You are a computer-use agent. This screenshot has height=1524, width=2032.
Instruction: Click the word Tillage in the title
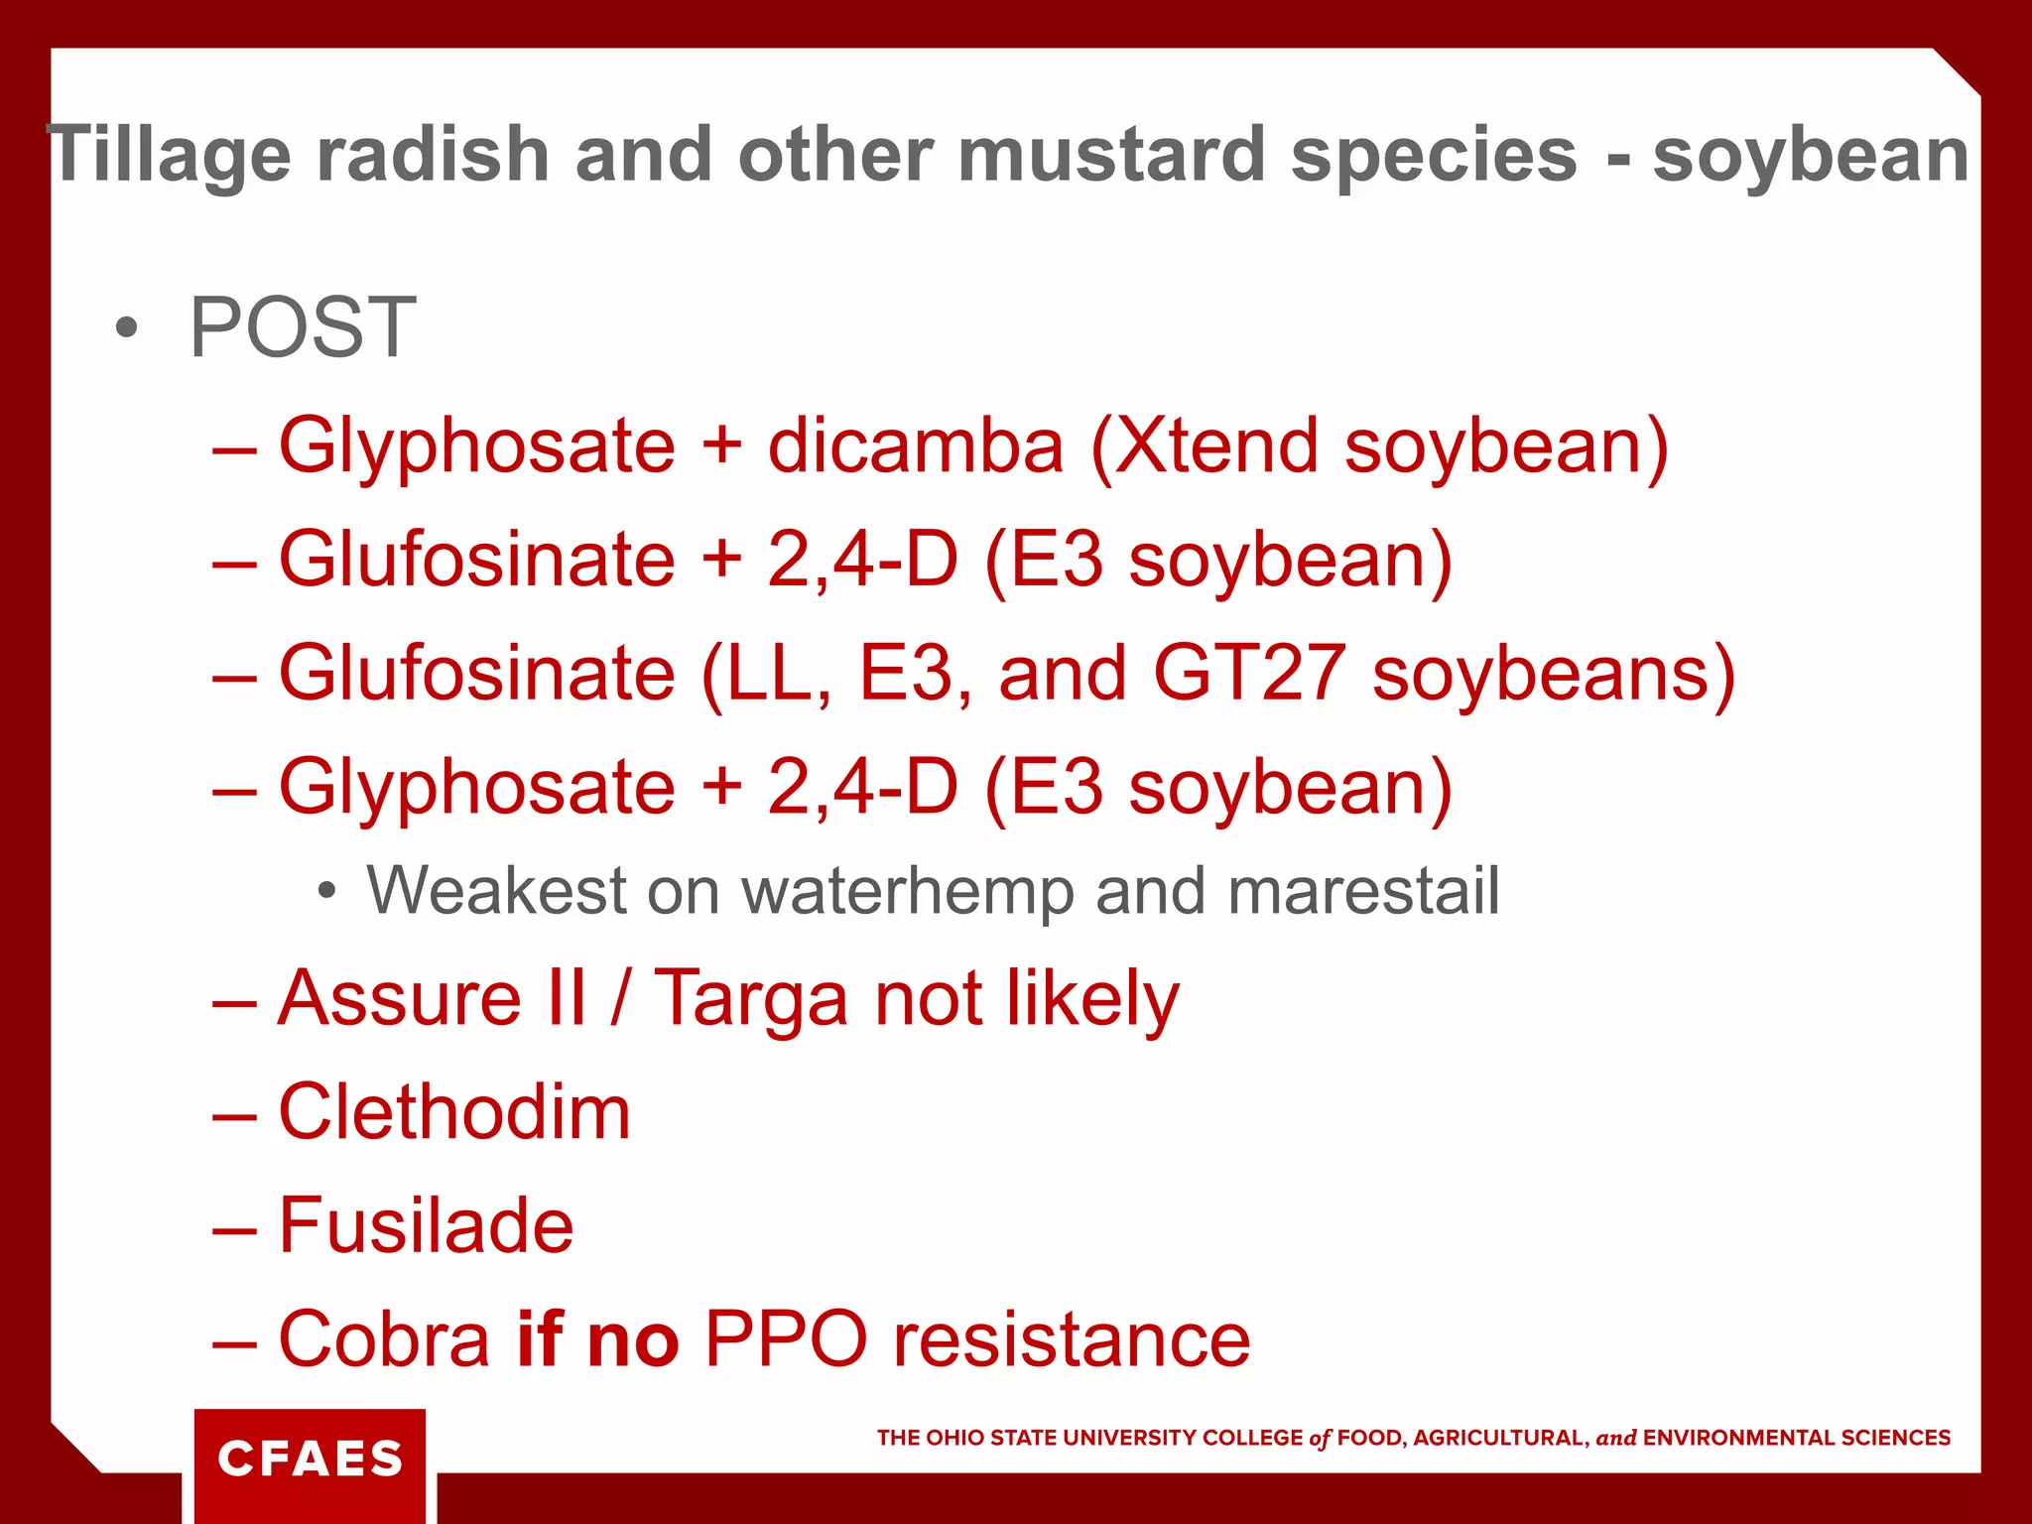[x=169, y=156]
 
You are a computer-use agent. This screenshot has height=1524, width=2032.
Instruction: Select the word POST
[x=303, y=327]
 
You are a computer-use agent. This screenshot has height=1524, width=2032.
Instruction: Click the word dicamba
[x=916, y=445]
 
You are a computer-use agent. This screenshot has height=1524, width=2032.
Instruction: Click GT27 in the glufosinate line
[x=1249, y=674]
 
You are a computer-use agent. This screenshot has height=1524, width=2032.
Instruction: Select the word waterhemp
[x=908, y=891]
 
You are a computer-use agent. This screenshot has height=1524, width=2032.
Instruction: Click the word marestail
[x=1363, y=891]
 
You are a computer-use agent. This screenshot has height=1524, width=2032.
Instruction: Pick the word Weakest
[x=496, y=891]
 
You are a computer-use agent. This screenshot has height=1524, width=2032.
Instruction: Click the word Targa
[x=750, y=999]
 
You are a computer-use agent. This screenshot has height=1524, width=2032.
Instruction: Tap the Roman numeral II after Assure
[x=566, y=999]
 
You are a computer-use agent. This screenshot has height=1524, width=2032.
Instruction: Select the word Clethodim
[x=454, y=1112]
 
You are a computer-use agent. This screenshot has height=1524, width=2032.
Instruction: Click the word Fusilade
[x=427, y=1226]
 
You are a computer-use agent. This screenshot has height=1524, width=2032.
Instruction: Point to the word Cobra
[x=384, y=1339]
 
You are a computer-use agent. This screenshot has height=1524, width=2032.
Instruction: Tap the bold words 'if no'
[x=598, y=1339]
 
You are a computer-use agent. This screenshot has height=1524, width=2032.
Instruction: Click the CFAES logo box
[x=310, y=1460]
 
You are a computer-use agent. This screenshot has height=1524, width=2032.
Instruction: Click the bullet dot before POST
[x=126, y=328]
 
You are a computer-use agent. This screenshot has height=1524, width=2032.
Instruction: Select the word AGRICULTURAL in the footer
[x=1500, y=1439]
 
